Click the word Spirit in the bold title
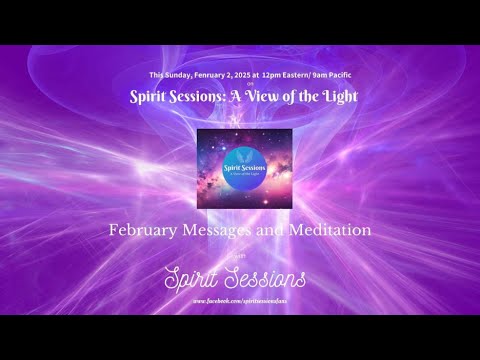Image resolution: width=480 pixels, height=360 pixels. [155, 97]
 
